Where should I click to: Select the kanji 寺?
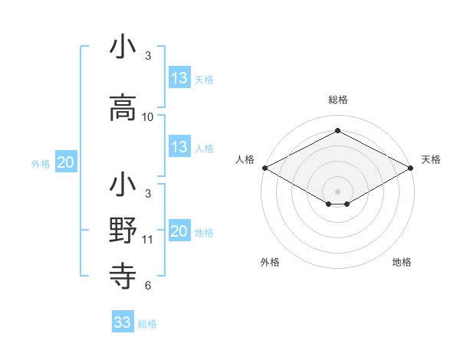tap(123, 273)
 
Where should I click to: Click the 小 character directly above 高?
tap(123, 47)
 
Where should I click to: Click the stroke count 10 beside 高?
tap(148, 117)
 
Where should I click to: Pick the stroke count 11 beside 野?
tap(148, 240)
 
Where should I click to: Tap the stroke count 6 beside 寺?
tap(148, 286)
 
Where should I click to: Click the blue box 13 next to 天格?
tap(179, 77)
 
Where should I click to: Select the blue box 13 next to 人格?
tap(179, 147)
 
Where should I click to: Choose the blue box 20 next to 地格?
tap(179, 231)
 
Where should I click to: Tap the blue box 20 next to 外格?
tap(66, 162)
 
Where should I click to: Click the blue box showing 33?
tap(123, 322)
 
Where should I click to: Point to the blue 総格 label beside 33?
tap(148, 324)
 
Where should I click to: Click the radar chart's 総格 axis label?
tap(337, 100)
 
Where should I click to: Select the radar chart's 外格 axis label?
tap(270, 262)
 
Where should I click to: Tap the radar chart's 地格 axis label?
tap(402, 262)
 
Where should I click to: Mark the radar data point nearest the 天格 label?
tap(412, 168)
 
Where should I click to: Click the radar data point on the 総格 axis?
tap(337, 131)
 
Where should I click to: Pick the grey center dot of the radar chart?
tap(337, 191)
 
